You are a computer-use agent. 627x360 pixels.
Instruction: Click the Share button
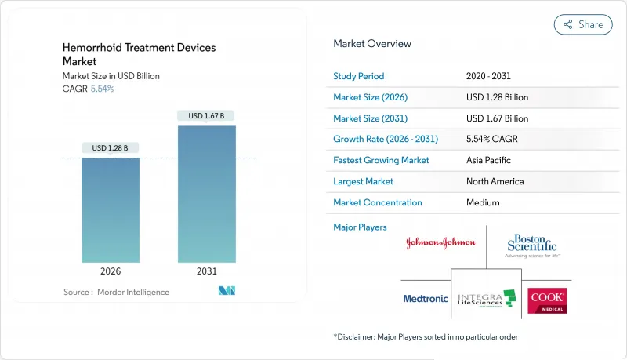click(583, 24)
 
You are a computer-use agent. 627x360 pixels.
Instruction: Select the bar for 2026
click(111, 210)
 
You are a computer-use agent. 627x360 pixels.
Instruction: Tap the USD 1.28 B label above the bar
click(111, 148)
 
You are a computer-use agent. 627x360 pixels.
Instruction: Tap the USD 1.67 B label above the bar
click(207, 116)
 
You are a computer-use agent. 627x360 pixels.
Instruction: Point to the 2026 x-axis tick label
click(111, 271)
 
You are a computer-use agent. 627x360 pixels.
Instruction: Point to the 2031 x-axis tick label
click(207, 271)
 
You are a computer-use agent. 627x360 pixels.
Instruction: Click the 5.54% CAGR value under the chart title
click(102, 89)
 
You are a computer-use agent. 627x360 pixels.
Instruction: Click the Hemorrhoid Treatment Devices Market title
click(139, 54)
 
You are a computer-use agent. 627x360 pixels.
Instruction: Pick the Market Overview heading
click(372, 44)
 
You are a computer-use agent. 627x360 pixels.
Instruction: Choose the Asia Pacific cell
click(488, 160)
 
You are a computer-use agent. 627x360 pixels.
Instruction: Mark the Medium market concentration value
click(482, 202)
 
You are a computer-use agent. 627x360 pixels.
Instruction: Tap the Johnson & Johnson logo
click(440, 243)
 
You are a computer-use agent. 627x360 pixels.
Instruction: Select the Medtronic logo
click(425, 299)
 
